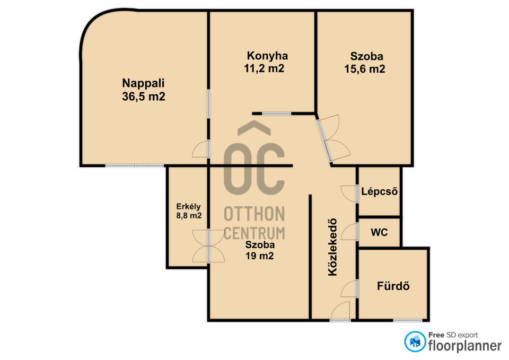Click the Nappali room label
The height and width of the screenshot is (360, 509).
point(143,83)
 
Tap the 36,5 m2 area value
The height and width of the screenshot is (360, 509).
point(144,96)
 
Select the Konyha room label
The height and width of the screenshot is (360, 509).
point(267,56)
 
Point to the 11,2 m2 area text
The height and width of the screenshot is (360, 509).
point(264,68)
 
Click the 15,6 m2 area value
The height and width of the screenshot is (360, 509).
point(365,69)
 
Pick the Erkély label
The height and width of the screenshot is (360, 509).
point(188,207)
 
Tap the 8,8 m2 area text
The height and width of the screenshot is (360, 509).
point(189,216)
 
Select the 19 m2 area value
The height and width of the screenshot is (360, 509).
point(259,256)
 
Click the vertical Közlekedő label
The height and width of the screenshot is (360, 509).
point(333,248)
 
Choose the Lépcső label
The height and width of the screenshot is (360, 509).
point(379,191)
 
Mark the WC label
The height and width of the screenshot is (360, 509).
point(379,232)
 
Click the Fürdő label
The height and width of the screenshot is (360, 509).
point(393,286)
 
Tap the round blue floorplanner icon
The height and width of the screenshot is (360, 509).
point(415,341)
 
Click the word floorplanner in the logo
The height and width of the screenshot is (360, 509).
point(465,346)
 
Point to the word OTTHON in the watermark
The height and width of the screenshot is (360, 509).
point(254,214)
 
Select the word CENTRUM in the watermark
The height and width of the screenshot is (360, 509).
point(254,233)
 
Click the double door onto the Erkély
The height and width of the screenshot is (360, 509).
point(208,245)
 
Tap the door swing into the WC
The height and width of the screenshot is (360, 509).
point(349,232)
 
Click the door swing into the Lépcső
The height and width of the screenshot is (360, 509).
point(349,194)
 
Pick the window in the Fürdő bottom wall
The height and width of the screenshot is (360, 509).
point(408,320)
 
